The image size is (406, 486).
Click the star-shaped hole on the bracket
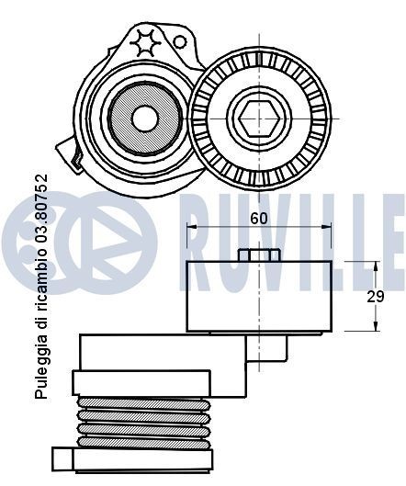(x=146, y=43)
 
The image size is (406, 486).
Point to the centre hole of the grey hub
(x=144, y=117)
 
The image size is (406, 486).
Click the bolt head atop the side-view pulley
(x=258, y=255)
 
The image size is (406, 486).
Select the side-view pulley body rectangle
(x=259, y=296)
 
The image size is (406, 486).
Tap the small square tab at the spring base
(x=63, y=457)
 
